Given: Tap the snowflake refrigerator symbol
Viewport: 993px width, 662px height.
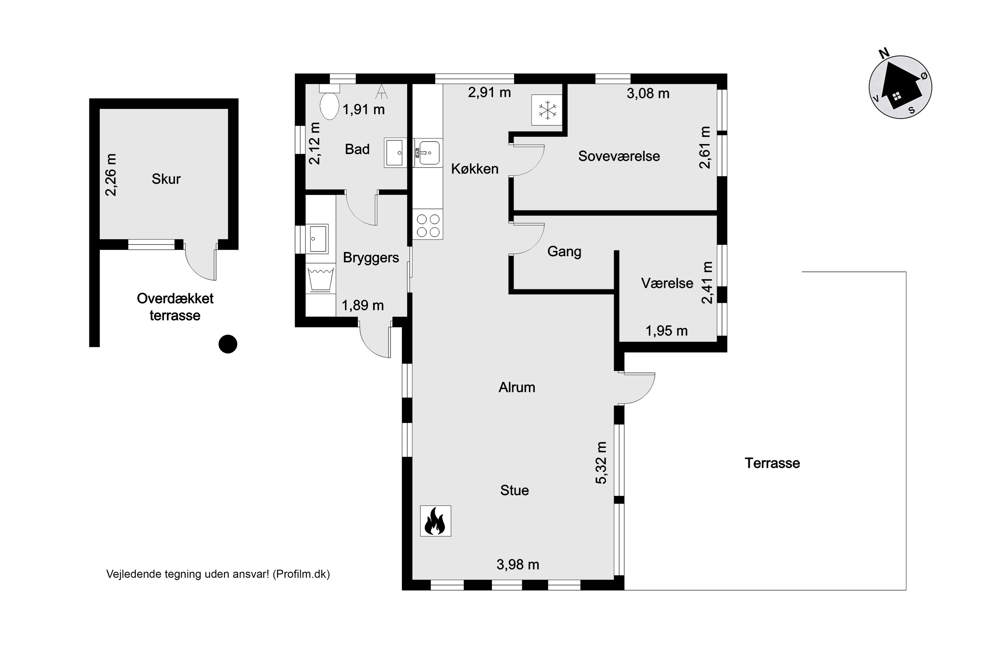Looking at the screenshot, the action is [547, 110].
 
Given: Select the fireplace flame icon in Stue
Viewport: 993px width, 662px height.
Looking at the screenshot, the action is [435, 521].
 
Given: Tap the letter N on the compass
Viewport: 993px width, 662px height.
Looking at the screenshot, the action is [884, 53].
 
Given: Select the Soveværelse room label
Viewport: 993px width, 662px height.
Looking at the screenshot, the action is [619, 156].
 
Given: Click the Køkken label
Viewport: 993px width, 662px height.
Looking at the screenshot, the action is [475, 168].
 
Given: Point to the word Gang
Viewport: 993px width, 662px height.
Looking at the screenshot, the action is [564, 252].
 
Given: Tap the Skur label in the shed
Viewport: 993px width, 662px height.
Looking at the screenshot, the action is [166, 179].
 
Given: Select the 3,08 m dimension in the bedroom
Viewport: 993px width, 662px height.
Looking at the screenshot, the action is [648, 93].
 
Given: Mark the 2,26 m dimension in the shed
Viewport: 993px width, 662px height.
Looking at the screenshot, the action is [111, 174].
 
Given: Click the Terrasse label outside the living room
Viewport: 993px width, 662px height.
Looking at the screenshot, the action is [772, 463].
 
